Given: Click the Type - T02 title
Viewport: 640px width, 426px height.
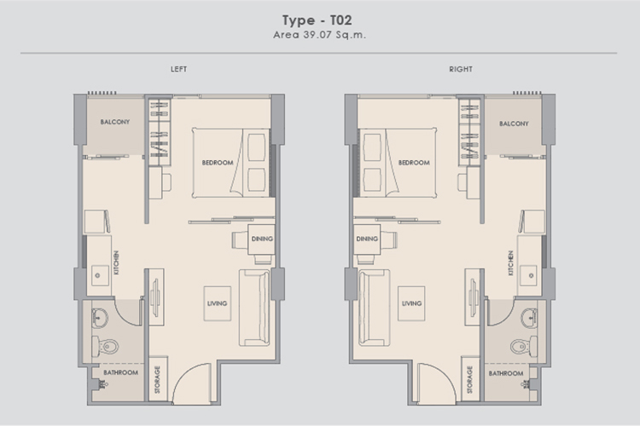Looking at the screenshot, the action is coord(317,20).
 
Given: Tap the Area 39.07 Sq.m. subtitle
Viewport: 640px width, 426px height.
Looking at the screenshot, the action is coord(320,35).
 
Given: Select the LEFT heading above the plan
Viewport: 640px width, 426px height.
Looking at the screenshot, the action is coord(179,69).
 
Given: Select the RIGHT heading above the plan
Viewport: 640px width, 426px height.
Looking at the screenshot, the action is coord(461,69).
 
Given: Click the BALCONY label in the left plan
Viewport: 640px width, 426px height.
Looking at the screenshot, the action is coord(115,122).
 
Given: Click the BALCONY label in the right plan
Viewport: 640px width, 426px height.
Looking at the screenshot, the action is coord(514,124).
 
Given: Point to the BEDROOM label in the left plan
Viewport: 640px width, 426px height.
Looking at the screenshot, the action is coord(218,163).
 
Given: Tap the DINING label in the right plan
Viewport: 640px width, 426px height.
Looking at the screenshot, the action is coord(367,239).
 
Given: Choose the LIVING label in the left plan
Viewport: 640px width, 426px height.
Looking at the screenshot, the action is coord(217,303).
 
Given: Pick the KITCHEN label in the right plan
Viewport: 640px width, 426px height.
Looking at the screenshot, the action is coord(510,263).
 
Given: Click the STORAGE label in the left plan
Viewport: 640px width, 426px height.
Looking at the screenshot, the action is coord(157,379).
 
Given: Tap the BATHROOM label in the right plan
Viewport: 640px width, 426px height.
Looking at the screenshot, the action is coord(506,373).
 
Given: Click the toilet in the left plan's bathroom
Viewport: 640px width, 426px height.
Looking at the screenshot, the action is coord(105,346).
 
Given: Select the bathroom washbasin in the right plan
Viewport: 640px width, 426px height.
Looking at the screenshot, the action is coord(529,318).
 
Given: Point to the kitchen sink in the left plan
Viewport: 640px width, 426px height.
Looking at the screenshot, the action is coord(100,275).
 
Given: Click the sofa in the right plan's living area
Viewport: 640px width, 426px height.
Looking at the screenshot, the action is coord(374,308).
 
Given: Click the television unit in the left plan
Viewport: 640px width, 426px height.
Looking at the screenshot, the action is coord(156,297).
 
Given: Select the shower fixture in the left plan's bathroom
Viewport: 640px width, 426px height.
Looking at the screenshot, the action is coord(102,383).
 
